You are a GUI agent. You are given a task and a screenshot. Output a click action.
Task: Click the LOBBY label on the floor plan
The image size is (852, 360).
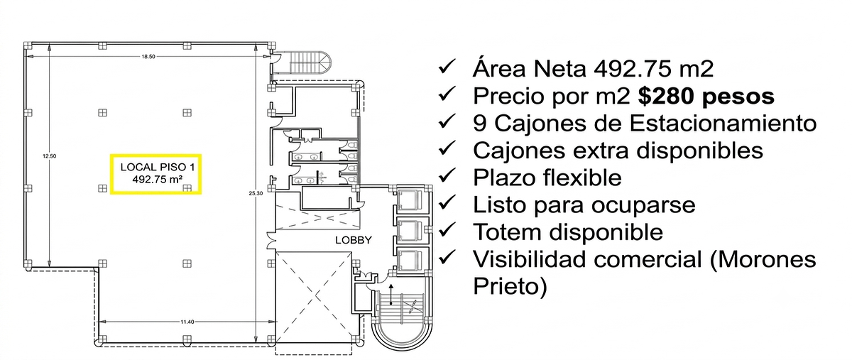[x=354, y=240]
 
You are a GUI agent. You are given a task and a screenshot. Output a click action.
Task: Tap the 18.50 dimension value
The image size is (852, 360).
[x=148, y=57]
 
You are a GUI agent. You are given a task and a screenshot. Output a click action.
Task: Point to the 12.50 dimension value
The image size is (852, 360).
[x=50, y=156]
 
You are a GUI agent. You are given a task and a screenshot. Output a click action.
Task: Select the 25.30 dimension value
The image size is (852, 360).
[x=256, y=193]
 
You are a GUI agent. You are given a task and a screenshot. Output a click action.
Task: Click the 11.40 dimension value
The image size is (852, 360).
[x=187, y=322]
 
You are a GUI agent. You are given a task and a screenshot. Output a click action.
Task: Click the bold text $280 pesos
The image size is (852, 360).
[x=706, y=96]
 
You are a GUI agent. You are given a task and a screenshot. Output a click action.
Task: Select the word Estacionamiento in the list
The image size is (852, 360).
[x=723, y=124]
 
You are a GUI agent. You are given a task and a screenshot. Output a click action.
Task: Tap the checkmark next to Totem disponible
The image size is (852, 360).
[x=447, y=230]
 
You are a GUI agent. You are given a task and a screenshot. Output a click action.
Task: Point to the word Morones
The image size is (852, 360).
[x=763, y=260]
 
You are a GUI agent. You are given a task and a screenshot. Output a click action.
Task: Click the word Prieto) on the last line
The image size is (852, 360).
[x=510, y=286]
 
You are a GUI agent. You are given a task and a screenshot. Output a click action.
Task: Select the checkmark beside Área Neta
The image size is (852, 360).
[x=447, y=67]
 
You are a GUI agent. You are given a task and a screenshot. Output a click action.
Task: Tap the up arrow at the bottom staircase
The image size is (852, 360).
[x=390, y=294]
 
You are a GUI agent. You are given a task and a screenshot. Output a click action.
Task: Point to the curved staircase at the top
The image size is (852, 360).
[x=309, y=62]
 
